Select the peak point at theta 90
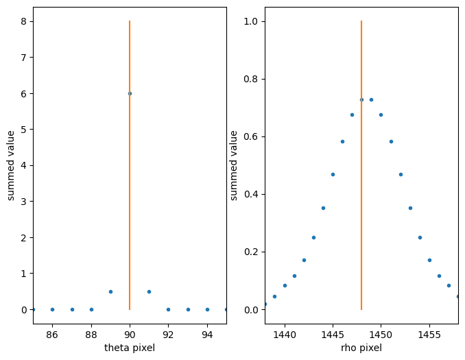(130, 93)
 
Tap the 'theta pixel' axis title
(130, 348)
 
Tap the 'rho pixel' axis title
(361, 348)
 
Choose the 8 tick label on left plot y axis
(23, 21)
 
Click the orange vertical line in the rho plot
(361, 206)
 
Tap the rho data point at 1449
(371, 99)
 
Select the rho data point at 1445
(333, 174)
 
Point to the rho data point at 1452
(401, 174)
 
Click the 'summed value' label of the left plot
(11, 165)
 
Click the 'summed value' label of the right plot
(234, 165)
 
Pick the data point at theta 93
(188, 309)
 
